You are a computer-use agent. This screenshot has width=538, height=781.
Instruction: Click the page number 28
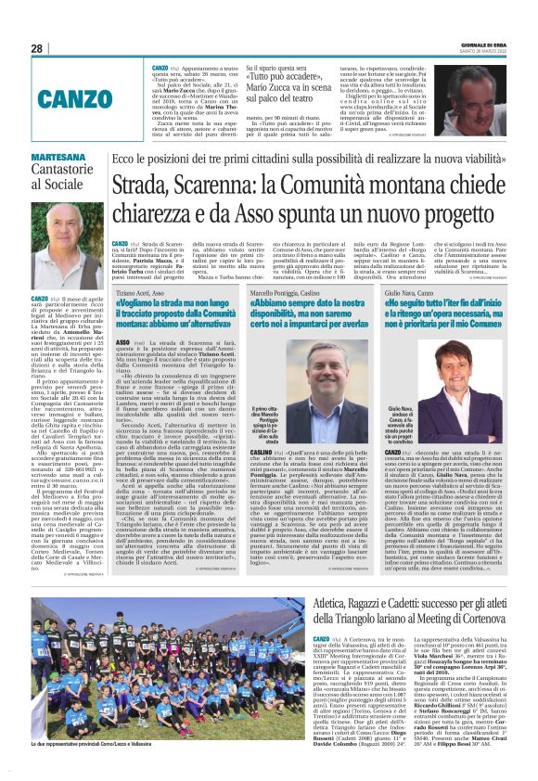click(37, 48)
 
